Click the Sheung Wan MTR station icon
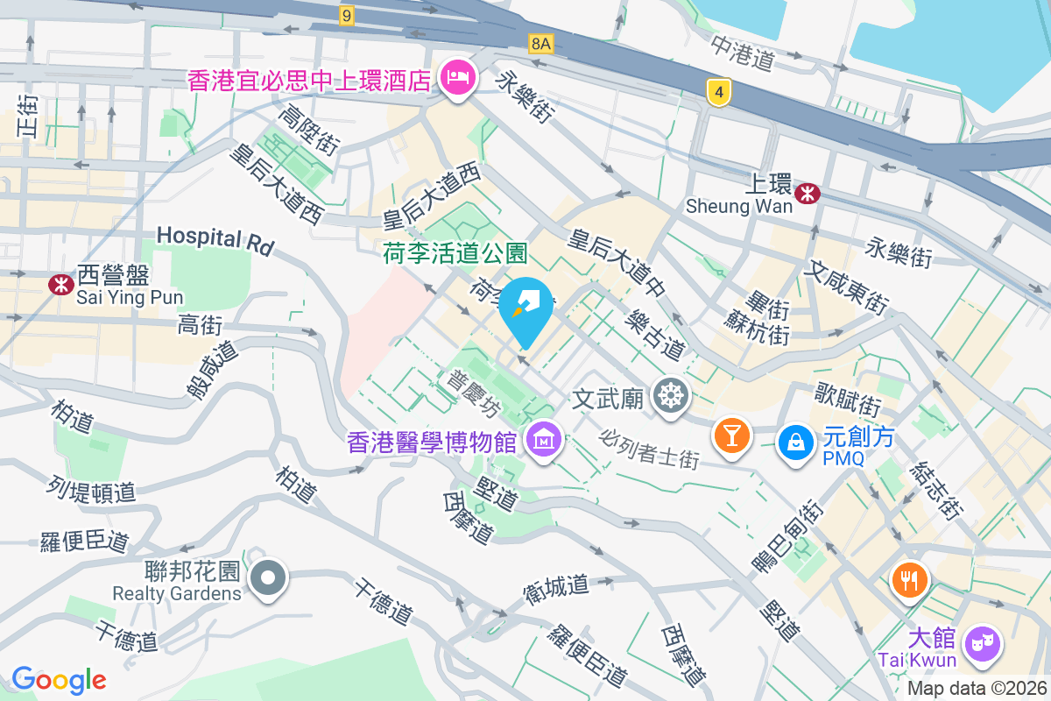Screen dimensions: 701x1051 tap(808, 192)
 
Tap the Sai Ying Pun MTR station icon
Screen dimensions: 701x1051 tap(60, 284)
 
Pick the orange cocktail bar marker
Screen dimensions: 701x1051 tap(731, 435)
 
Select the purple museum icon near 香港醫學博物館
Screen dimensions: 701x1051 tap(543, 442)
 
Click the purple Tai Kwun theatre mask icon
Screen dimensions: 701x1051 tap(983, 645)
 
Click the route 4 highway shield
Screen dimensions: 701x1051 tap(718, 91)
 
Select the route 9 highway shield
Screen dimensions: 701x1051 tap(348, 16)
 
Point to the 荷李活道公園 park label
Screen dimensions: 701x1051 tap(455, 254)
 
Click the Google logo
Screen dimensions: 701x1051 tap(59, 679)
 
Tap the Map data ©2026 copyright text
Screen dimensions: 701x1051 tap(977, 689)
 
